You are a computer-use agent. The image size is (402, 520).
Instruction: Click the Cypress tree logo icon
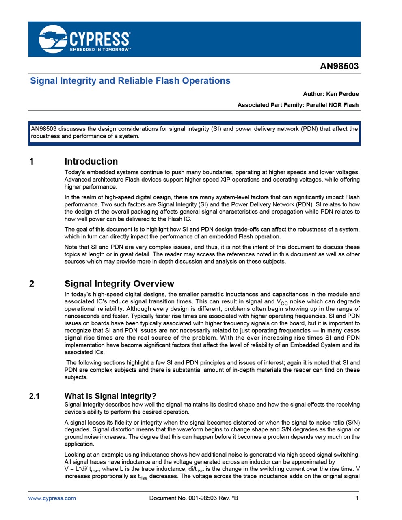[x=53, y=39]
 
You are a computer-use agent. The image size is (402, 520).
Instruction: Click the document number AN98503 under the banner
[x=339, y=66]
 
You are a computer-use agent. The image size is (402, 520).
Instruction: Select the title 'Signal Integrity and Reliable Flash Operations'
[x=130, y=81]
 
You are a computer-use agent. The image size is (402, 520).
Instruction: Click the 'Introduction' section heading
[x=91, y=161]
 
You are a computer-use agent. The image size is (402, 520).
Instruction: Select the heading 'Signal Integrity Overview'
[x=119, y=284]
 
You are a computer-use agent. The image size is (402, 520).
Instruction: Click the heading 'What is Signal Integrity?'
[x=110, y=396]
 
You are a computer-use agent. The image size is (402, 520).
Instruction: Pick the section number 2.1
[x=35, y=396]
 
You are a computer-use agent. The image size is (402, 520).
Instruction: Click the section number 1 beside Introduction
[x=32, y=162]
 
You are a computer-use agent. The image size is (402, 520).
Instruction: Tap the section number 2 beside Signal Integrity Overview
[x=32, y=284]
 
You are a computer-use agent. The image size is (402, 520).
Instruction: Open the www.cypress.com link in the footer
[x=52, y=498]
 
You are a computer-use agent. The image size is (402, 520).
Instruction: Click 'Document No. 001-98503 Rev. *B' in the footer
[x=194, y=498]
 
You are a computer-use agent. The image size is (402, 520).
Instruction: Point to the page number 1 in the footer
[x=357, y=498]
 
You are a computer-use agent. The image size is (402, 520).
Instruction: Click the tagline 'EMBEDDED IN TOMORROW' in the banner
[x=100, y=50]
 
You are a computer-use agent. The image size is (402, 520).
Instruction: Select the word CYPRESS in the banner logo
[x=100, y=39]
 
